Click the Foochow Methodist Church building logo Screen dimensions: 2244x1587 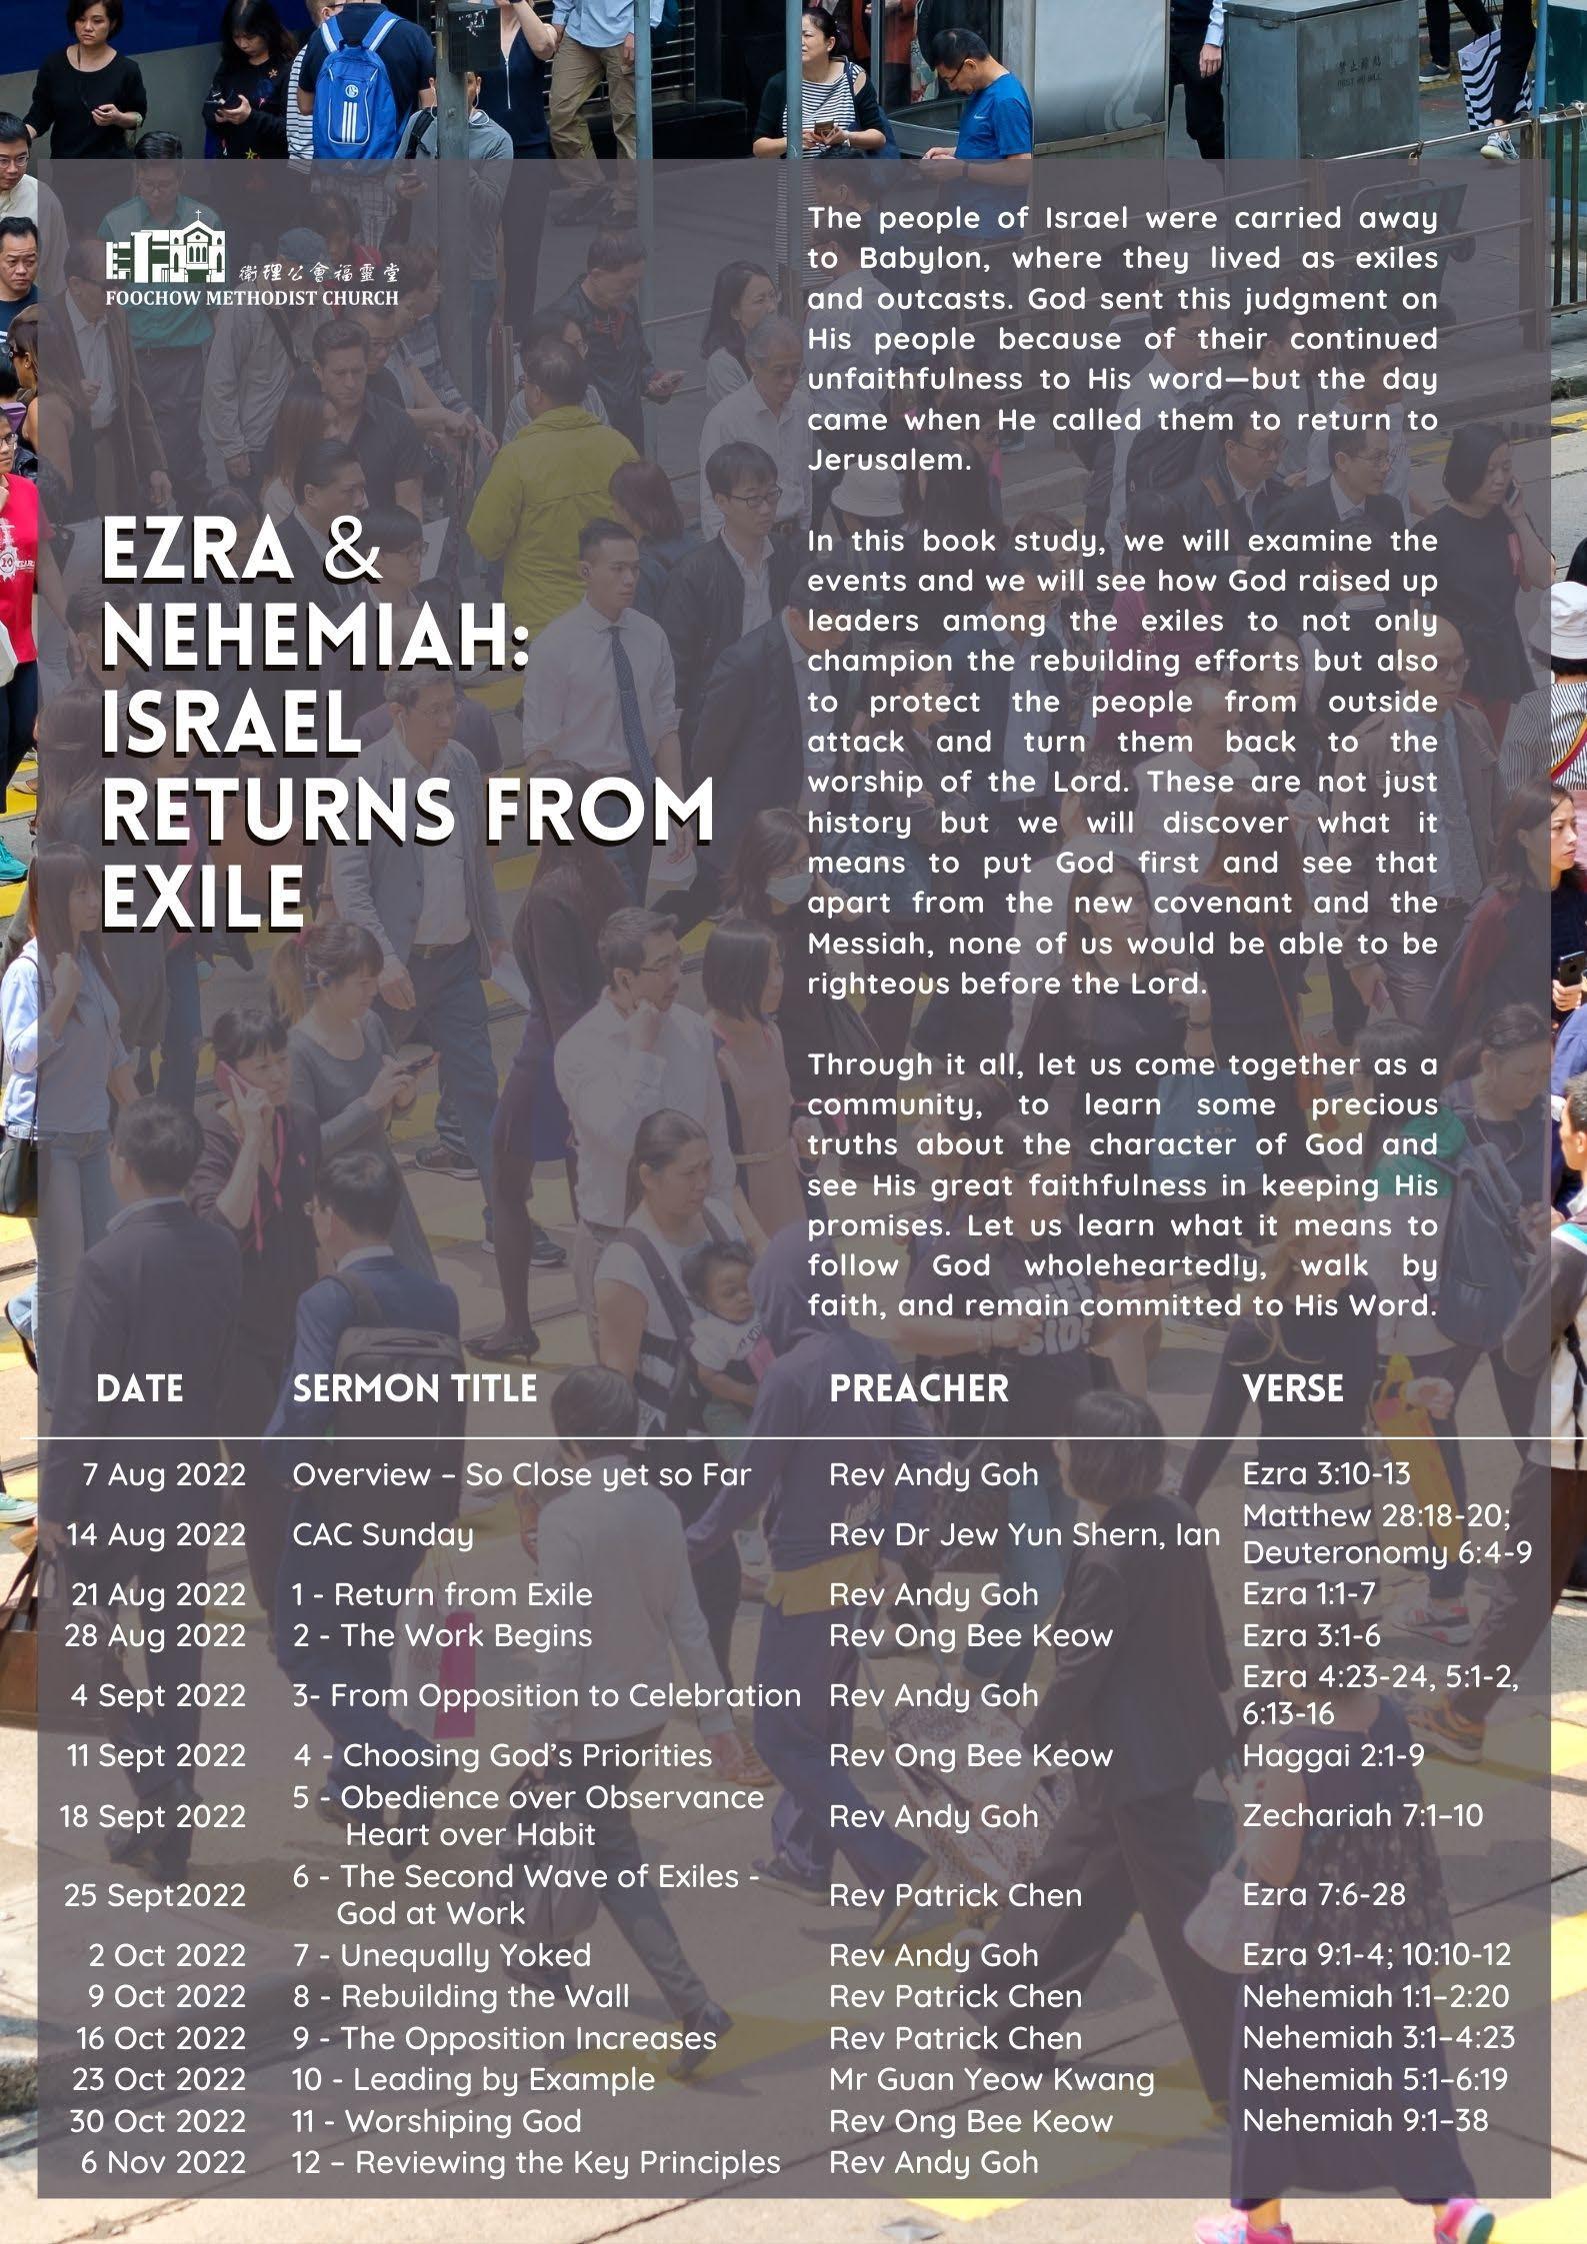[x=166, y=248]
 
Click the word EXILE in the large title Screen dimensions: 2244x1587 [x=203, y=895]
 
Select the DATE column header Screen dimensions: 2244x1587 [x=140, y=1388]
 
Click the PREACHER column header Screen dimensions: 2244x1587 [x=918, y=1388]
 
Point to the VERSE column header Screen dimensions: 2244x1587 [x=1292, y=1388]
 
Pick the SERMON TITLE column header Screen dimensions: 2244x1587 [x=414, y=1388]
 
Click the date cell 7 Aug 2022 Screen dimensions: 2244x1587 [x=164, y=1474]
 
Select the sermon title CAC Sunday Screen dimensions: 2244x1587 [x=382, y=1534]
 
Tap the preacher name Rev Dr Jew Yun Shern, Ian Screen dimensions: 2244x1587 [x=1024, y=1534]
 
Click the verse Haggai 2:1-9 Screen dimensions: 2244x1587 [x=1333, y=1755]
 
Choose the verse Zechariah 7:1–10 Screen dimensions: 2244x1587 [x=1362, y=1815]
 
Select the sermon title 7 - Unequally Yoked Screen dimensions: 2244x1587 [x=441, y=1954]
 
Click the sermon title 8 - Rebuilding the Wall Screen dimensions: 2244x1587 [x=461, y=1996]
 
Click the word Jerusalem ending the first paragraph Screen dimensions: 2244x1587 [x=889, y=460]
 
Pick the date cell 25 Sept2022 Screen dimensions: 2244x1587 [x=155, y=1895]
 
